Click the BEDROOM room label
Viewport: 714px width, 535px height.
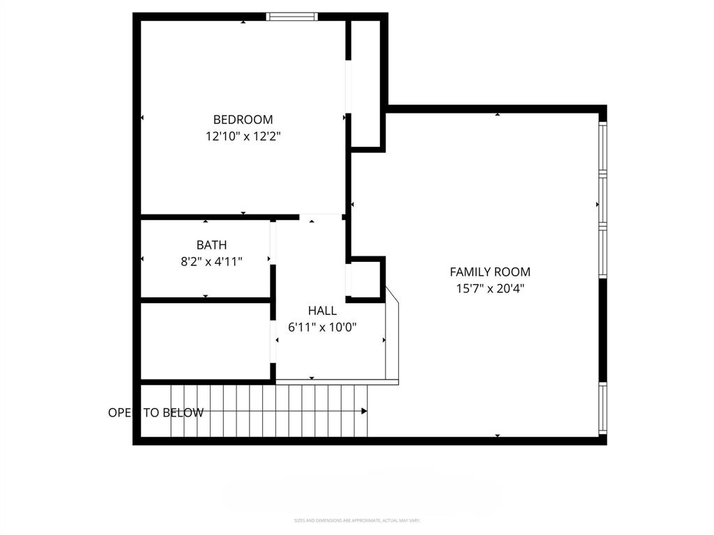pos(243,119)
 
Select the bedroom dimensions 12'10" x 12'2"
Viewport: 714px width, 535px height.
pos(243,137)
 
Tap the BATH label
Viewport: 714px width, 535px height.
pos(211,245)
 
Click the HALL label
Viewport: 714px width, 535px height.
pos(322,311)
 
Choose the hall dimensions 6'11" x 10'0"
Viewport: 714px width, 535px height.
pos(322,327)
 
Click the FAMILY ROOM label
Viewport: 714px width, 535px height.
pos(489,272)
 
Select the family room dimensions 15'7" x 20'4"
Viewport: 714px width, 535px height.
pos(489,288)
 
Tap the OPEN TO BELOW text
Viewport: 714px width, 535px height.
pos(155,412)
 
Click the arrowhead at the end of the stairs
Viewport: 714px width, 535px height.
pos(364,411)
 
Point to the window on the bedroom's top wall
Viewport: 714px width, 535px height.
pos(292,17)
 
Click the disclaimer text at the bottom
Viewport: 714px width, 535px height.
pos(356,520)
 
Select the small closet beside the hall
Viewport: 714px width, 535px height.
pos(365,279)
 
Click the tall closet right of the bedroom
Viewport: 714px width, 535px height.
pos(365,84)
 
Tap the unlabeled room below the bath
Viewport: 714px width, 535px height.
pos(205,341)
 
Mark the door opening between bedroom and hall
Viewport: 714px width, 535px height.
pos(321,217)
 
